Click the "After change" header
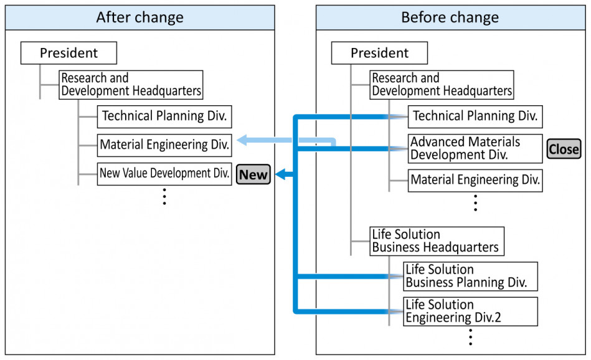point(140,17)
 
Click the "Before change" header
point(450,17)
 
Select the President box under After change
point(69,53)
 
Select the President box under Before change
point(379,53)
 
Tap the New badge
point(253,174)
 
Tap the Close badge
point(564,149)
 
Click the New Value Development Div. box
point(164,174)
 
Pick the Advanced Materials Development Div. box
point(475,148)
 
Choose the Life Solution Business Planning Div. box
point(470,277)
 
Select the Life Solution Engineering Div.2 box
point(470,311)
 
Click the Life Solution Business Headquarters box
point(437,241)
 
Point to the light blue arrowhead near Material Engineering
point(242,140)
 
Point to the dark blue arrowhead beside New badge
point(280,174)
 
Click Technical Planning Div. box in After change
point(164,116)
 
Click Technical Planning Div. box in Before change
point(475,116)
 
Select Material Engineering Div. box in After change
point(164,145)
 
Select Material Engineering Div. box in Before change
point(475,180)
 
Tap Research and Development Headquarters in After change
point(131,85)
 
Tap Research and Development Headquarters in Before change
point(442,85)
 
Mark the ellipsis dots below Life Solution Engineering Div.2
point(470,337)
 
